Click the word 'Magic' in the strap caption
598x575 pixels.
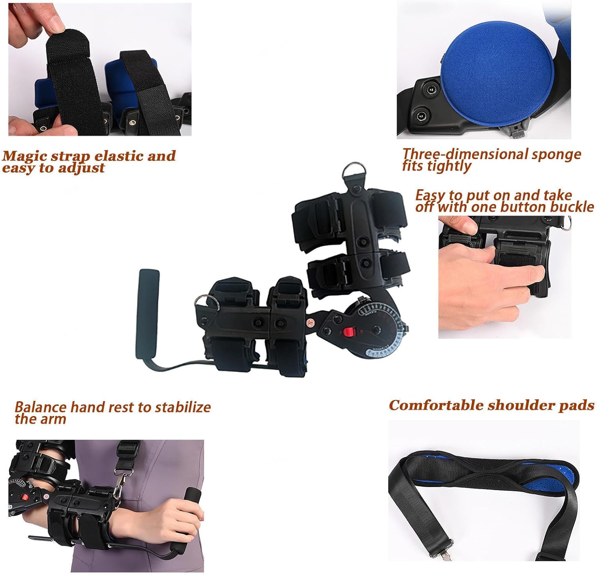tap(24, 156)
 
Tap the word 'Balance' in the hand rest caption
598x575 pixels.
tap(40, 407)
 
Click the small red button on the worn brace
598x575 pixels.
tap(25, 498)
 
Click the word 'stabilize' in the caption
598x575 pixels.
tap(183, 407)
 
